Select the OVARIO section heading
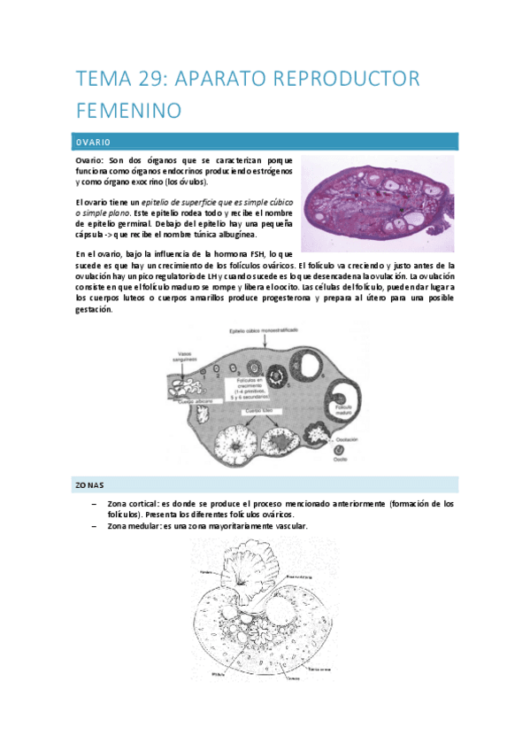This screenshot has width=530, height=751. [92, 141]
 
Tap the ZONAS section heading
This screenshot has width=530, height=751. [89, 485]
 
